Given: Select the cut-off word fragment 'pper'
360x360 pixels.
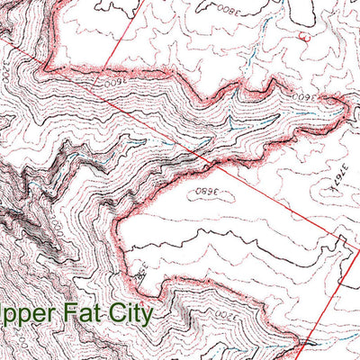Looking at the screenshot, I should pyautogui.click(x=23, y=317).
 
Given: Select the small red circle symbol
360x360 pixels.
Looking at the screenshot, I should pyautogui.click(x=301, y=37).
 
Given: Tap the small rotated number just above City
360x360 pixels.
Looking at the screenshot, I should pyautogui.click(x=139, y=271).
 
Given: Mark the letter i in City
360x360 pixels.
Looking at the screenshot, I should pyautogui.click(x=124, y=313).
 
